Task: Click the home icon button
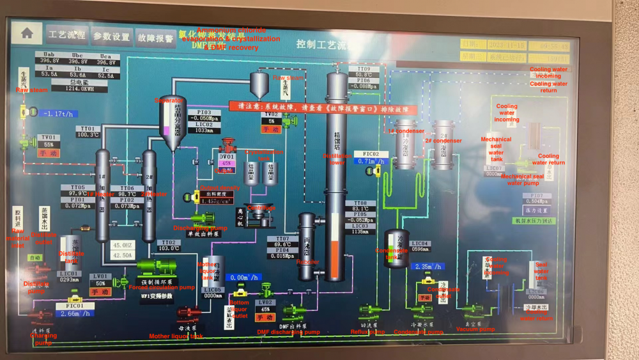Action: pos(27,34)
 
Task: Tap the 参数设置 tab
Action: pos(111,36)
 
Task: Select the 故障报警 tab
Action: pos(156,38)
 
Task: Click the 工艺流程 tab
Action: pos(67,35)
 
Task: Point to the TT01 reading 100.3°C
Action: pos(88,135)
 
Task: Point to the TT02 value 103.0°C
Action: pos(169,249)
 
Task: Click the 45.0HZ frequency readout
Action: pos(122,245)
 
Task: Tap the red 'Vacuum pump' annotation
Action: pos(475,329)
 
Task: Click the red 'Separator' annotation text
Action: pos(169,100)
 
